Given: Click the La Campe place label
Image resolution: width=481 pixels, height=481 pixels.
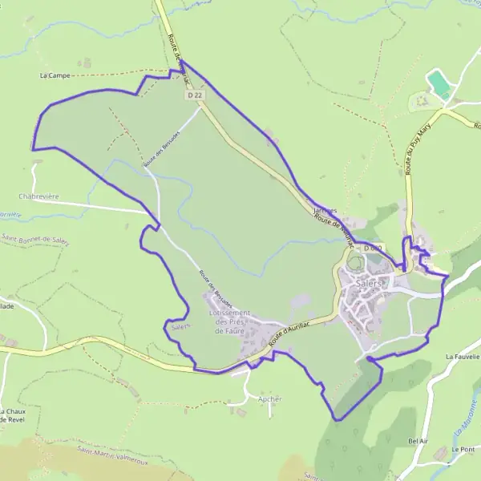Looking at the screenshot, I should coord(55,75).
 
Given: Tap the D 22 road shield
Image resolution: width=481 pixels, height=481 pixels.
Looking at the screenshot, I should coord(193,95).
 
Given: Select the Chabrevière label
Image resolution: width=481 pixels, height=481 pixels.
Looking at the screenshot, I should coord(39,196).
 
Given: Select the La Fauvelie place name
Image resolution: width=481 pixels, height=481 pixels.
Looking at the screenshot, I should coord(462,356).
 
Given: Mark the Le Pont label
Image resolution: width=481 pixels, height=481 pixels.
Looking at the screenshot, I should coord(462,450).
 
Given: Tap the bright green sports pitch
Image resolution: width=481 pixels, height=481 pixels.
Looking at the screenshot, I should coord(439,84).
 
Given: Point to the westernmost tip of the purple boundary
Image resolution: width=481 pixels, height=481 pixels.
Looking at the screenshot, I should coord(32,149).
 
